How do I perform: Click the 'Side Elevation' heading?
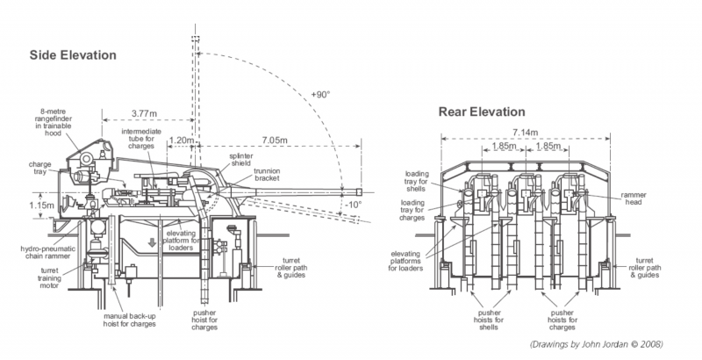coord(73,55)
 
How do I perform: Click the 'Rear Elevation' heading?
coord(481,112)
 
